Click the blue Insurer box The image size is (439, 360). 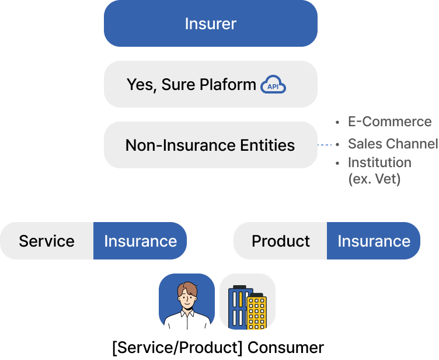pos(210,23)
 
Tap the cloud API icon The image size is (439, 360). pos(273,85)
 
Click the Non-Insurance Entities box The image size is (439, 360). pos(210,145)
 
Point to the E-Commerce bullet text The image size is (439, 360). pos(389,122)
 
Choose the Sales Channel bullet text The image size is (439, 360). pos(392,143)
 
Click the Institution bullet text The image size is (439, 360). pos(379,162)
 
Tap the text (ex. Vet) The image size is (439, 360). pos(374,179)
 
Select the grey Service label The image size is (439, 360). pos(47,241)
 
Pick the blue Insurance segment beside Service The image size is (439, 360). pos(140,241)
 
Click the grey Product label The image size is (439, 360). pos(280,241)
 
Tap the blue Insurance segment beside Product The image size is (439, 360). pos(374,241)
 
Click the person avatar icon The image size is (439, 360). pos(187,302)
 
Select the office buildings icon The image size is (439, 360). pos(248,302)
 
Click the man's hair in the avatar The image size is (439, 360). pos(187,288)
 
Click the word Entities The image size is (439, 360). pos(267,145)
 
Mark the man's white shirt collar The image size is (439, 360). pos(187,315)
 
